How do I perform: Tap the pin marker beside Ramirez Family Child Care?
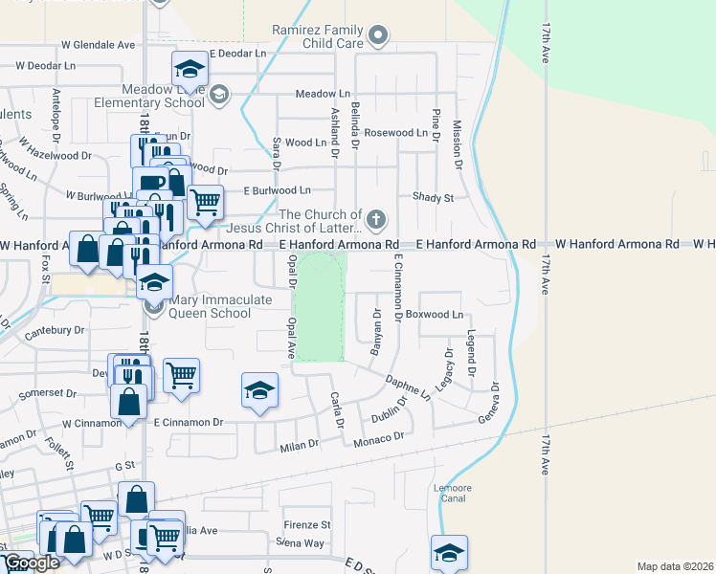[x=378, y=37]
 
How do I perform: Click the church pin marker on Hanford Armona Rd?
[x=376, y=219]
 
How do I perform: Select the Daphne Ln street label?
[x=408, y=385]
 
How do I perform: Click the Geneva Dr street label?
[x=487, y=406]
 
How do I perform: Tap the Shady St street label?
[x=433, y=197]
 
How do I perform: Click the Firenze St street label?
[x=306, y=525]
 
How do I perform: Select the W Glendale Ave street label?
[x=99, y=45]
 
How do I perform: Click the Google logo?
[x=32, y=563]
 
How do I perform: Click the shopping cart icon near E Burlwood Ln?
[x=205, y=202]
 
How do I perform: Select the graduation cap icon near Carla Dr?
[x=258, y=389]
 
